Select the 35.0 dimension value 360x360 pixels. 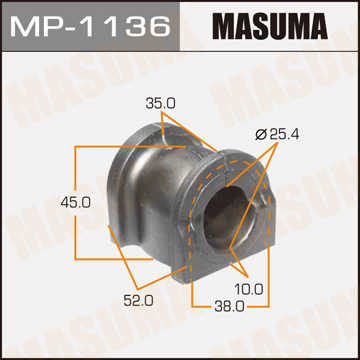tap(153, 101)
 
